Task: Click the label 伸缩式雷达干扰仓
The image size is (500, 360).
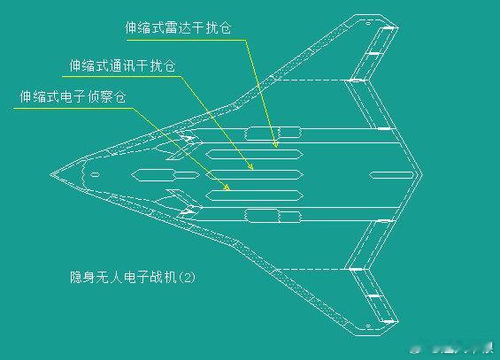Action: tap(178, 27)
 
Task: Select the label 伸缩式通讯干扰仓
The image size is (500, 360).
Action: tap(122, 65)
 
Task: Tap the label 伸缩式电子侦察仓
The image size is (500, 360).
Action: tap(73, 96)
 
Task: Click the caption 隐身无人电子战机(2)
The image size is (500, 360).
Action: tap(133, 277)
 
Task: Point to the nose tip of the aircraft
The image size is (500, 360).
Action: tap(50, 174)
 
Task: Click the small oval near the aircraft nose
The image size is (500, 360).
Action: tap(95, 174)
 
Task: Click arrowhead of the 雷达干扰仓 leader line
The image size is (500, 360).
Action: tap(275, 144)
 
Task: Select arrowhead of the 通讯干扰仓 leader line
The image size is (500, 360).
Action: tap(250, 166)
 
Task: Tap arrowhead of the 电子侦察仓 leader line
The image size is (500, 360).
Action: tap(227, 188)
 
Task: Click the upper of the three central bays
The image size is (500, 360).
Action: tap(254, 155)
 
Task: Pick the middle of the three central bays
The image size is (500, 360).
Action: tap(254, 175)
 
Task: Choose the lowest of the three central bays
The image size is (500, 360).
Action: tap(254, 195)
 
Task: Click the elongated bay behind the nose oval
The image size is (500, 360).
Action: tap(165, 175)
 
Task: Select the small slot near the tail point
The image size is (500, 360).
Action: tap(391, 175)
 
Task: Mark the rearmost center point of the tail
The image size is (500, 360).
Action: tap(422, 174)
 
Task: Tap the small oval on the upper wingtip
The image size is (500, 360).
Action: tap(367, 23)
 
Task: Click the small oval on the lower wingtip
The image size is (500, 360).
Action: tap(367, 326)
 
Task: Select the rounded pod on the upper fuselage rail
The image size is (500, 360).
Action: tap(273, 134)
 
